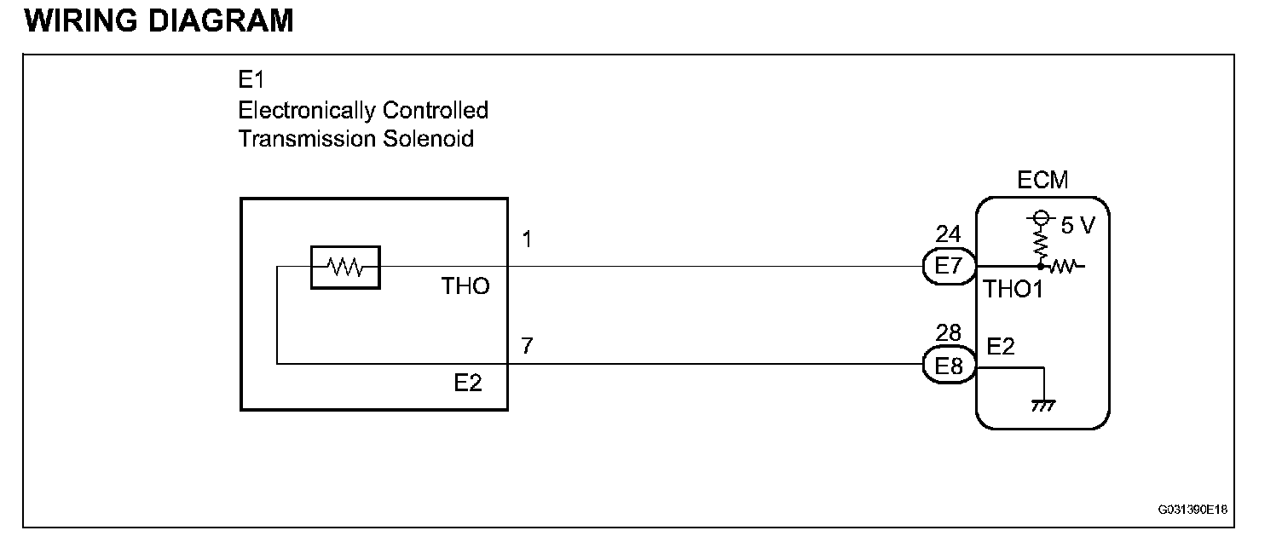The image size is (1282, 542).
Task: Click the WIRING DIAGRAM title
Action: click(x=159, y=20)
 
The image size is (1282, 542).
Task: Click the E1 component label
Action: click(x=251, y=81)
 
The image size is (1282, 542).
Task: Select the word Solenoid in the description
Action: click(x=432, y=138)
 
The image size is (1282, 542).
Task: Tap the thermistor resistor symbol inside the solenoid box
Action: click(x=345, y=268)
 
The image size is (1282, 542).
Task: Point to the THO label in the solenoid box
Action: click(x=465, y=286)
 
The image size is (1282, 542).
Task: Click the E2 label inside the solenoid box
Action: click(x=468, y=383)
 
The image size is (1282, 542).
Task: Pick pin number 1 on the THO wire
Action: click(x=527, y=240)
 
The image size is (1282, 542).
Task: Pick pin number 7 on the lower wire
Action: click(x=528, y=347)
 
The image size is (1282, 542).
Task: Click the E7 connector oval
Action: click(x=950, y=267)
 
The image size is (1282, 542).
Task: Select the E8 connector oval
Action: click(x=950, y=366)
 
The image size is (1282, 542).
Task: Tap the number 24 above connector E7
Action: click(x=948, y=234)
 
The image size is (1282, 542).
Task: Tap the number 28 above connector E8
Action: click(x=948, y=333)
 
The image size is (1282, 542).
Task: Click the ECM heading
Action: click(x=1042, y=181)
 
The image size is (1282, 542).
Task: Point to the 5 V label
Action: click(x=1080, y=226)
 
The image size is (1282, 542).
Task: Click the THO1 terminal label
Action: click(x=1013, y=290)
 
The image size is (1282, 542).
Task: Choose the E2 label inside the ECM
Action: click(x=1001, y=347)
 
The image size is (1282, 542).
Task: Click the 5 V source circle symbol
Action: click(x=1040, y=218)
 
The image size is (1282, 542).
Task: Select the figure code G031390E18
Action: click(x=1192, y=510)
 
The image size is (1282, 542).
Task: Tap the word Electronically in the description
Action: click(x=308, y=110)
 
